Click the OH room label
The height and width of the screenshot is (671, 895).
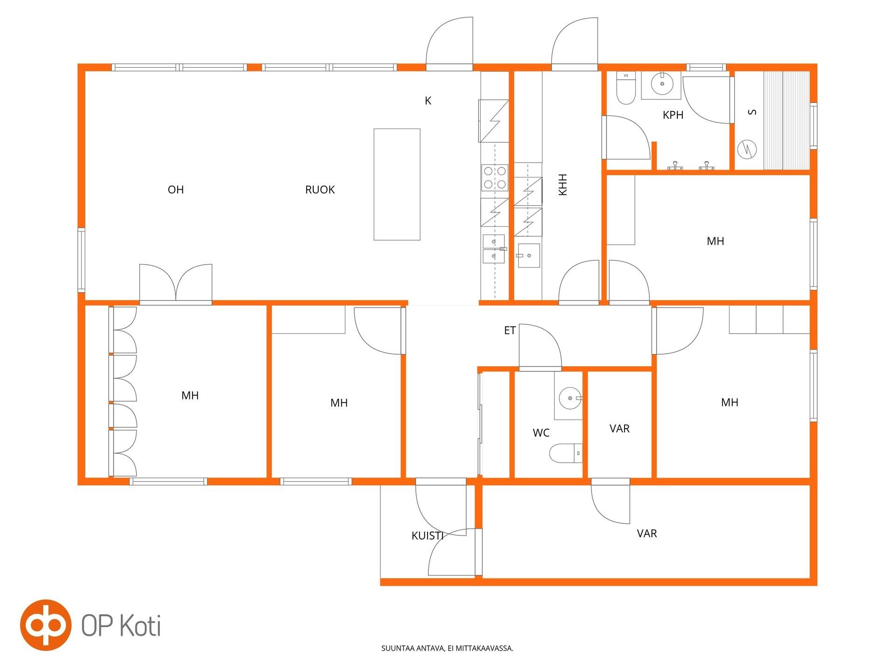pyautogui.click(x=176, y=190)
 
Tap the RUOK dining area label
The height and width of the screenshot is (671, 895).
pyautogui.click(x=320, y=190)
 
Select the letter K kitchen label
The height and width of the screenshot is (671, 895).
pyautogui.click(x=428, y=101)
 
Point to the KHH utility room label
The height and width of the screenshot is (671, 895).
pyautogui.click(x=563, y=185)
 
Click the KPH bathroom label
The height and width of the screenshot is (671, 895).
pyautogui.click(x=673, y=115)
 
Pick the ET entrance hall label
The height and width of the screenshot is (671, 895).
pyautogui.click(x=510, y=330)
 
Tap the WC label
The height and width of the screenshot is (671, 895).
pyautogui.click(x=541, y=433)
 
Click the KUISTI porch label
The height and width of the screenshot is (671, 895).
pyautogui.click(x=427, y=536)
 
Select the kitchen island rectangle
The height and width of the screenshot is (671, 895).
pyautogui.click(x=397, y=185)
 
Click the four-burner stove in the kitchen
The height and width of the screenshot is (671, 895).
pyautogui.click(x=495, y=178)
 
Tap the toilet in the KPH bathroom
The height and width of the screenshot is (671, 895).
pyautogui.click(x=626, y=88)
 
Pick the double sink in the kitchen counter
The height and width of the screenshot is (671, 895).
pyautogui.click(x=494, y=249)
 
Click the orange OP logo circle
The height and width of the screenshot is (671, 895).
pyautogui.click(x=46, y=625)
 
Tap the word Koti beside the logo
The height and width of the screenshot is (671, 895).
pyautogui.click(x=138, y=625)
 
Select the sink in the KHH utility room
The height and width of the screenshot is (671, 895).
pyautogui.click(x=529, y=255)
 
